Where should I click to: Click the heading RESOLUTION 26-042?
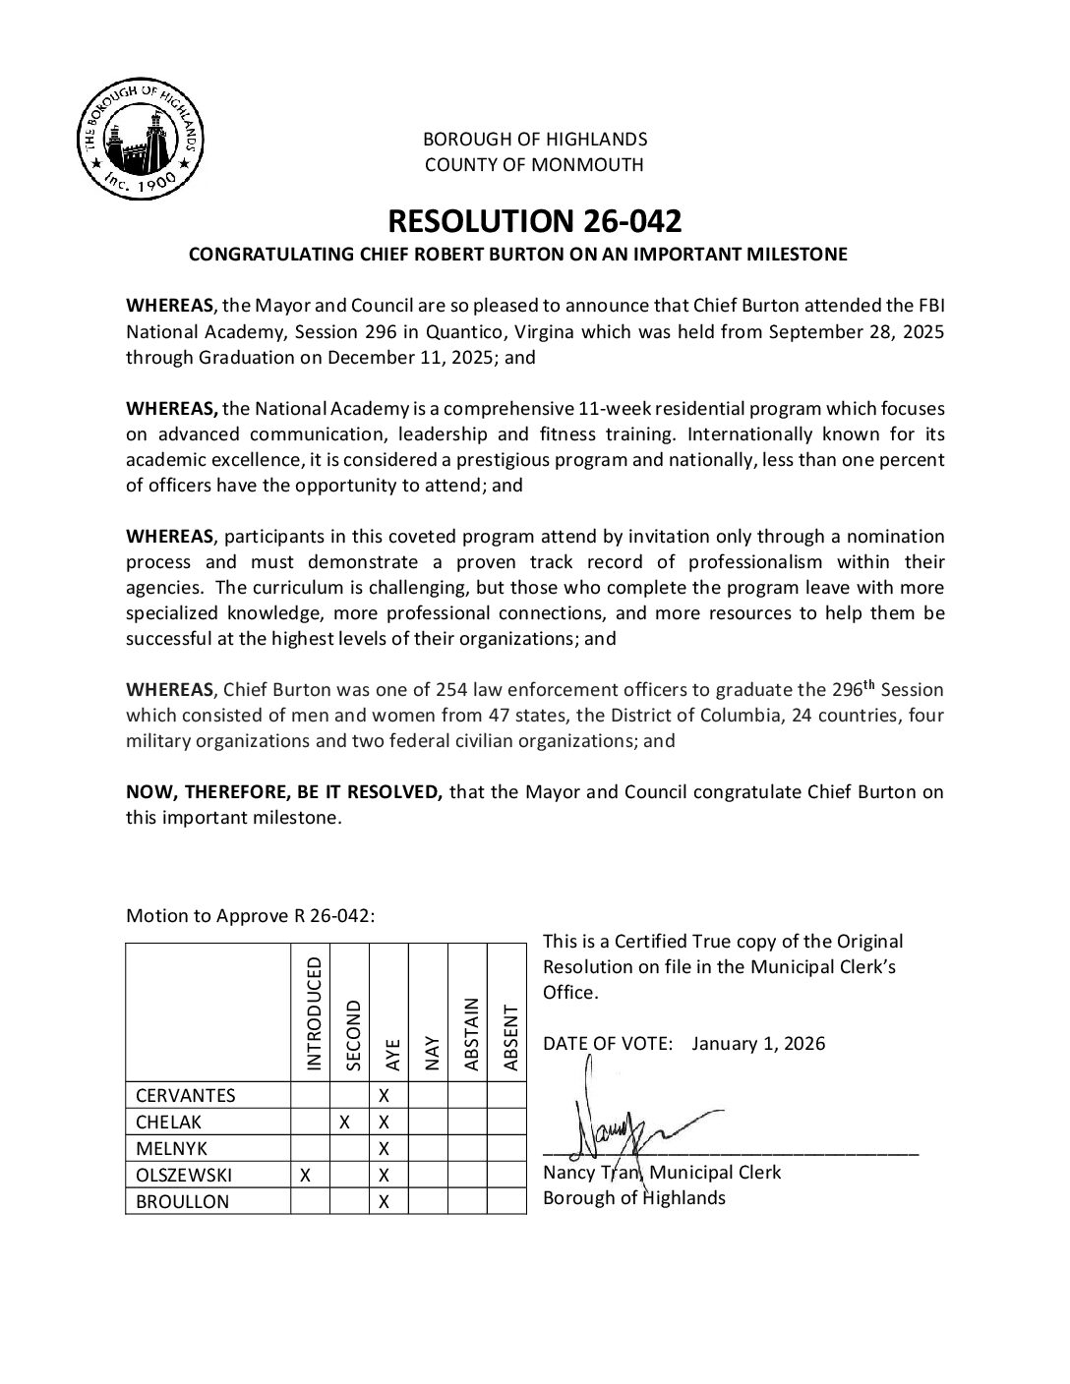click(534, 219)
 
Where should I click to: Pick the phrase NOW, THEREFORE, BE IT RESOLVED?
click(284, 791)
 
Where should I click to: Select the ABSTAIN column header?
click(470, 1034)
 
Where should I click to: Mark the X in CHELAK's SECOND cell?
click(345, 1122)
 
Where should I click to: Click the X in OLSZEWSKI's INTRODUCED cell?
click(306, 1175)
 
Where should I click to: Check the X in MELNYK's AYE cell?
click(385, 1148)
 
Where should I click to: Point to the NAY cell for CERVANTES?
click(427, 1095)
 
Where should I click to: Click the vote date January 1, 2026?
click(758, 1043)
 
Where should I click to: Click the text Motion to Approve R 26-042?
click(250, 916)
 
